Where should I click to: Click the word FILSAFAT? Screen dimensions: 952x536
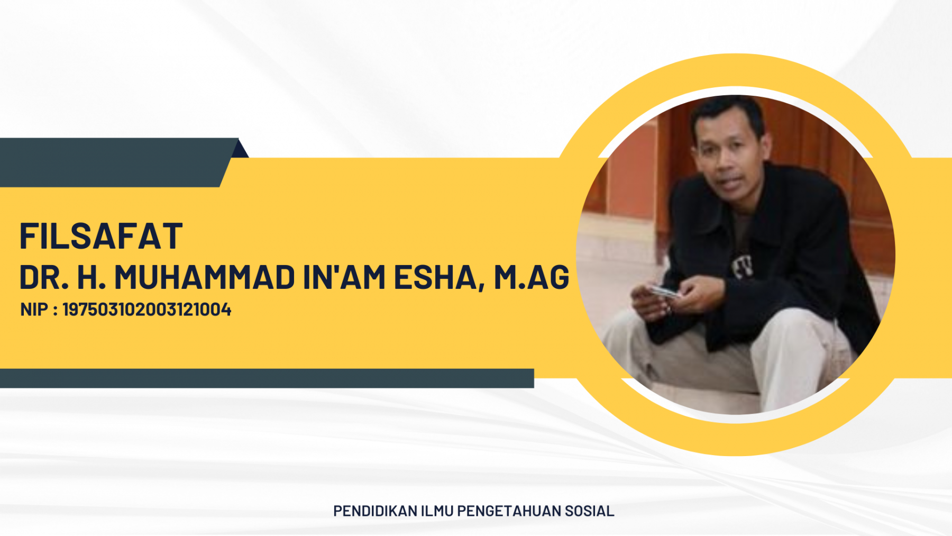(101, 236)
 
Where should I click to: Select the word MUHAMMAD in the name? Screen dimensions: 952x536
(205, 277)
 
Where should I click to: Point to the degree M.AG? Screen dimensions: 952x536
(532, 277)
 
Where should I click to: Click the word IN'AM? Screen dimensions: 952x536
(344, 277)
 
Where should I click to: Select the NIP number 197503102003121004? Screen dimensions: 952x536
(147, 310)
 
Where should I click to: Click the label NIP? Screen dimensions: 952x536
(34, 310)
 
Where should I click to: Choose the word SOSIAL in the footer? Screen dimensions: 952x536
(589, 511)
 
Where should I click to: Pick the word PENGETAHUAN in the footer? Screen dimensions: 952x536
(509, 511)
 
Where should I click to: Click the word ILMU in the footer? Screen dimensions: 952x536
(437, 511)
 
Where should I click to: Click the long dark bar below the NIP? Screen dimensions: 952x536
(267, 378)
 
